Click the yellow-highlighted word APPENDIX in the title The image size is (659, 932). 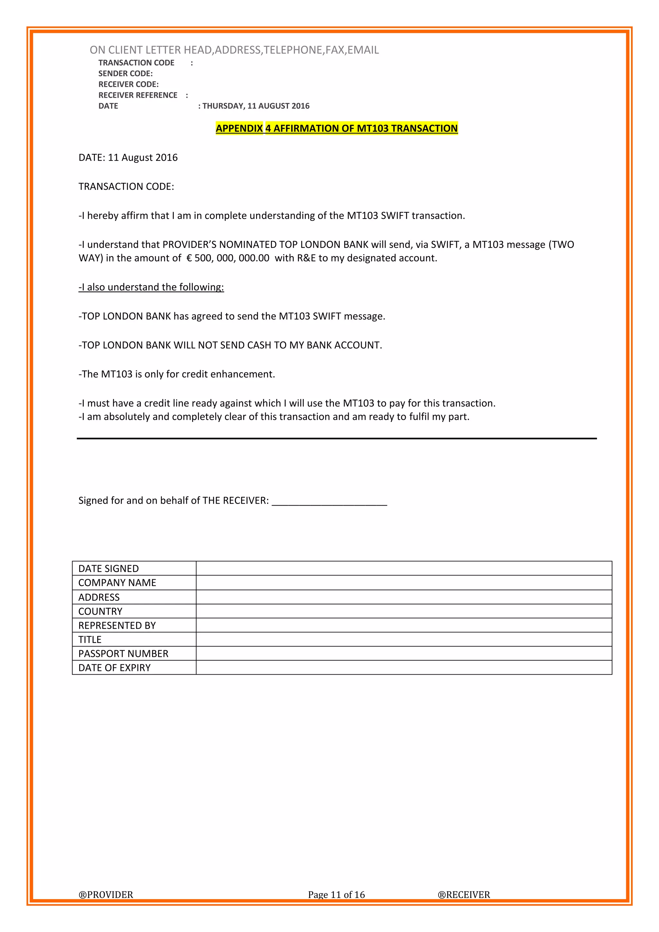(239, 128)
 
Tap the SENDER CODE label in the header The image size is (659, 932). (125, 73)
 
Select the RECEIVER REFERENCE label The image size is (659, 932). (138, 95)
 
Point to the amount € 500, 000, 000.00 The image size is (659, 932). (227, 258)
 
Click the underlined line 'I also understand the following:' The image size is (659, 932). (151, 287)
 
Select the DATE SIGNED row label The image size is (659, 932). (108, 568)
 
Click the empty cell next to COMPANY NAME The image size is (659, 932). (404, 582)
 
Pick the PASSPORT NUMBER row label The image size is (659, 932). (123, 654)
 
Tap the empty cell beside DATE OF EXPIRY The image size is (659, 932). (404, 668)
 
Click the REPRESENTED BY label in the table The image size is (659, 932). (117, 625)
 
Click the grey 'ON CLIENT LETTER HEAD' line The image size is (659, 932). (234, 50)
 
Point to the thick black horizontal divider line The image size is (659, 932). (336, 438)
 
